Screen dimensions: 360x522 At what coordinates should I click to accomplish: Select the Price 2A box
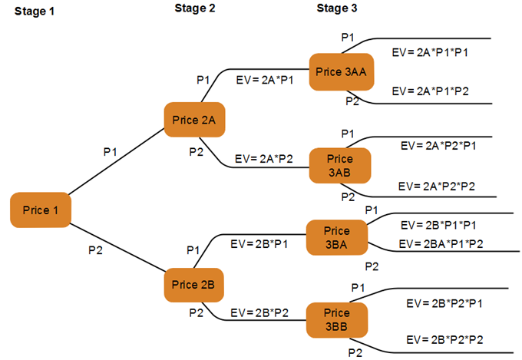click(194, 120)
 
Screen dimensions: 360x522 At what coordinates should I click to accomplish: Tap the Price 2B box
click(194, 285)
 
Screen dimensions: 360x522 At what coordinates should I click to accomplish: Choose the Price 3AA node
click(342, 71)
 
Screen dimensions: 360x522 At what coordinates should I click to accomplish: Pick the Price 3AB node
click(339, 165)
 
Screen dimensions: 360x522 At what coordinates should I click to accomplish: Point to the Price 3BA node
click(336, 237)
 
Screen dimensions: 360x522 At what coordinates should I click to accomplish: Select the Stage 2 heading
click(195, 9)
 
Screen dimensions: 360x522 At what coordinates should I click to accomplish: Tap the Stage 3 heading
click(337, 9)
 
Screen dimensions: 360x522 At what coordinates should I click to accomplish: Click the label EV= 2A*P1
click(266, 80)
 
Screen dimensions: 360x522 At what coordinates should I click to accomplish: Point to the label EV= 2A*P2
click(266, 159)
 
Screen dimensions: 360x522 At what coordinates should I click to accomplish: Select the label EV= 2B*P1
click(259, 245)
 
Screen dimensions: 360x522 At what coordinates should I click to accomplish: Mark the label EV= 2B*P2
click(260, 313)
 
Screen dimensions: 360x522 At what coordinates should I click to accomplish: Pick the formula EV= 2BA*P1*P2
click(444, 243)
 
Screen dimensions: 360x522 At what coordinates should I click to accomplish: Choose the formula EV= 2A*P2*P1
click(439, 144)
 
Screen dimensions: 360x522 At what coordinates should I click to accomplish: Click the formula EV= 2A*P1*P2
click(430, 91)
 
